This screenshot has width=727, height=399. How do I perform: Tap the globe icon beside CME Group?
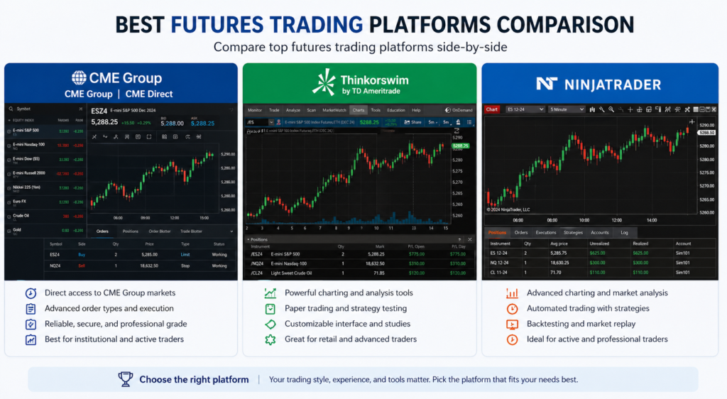tap(79, 78)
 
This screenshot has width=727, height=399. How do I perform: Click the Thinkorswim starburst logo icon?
tap(324, 82)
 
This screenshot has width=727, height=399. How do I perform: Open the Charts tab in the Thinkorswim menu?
tap(359, 110)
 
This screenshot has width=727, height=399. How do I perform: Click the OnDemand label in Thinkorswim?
tap(461, 110)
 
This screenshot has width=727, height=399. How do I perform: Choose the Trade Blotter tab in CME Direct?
tap(191, 231)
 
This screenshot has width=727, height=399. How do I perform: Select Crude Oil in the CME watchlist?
tap(21, 214)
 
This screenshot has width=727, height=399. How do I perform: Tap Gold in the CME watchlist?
tap(16, 229)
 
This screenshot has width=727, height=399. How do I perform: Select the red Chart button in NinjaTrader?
tap(492, 109)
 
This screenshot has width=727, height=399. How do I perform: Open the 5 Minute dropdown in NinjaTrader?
tap(567, 109)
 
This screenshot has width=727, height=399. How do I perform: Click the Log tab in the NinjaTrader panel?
tap(624, 232)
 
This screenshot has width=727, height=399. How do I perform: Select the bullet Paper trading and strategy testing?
tap(346, 308)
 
